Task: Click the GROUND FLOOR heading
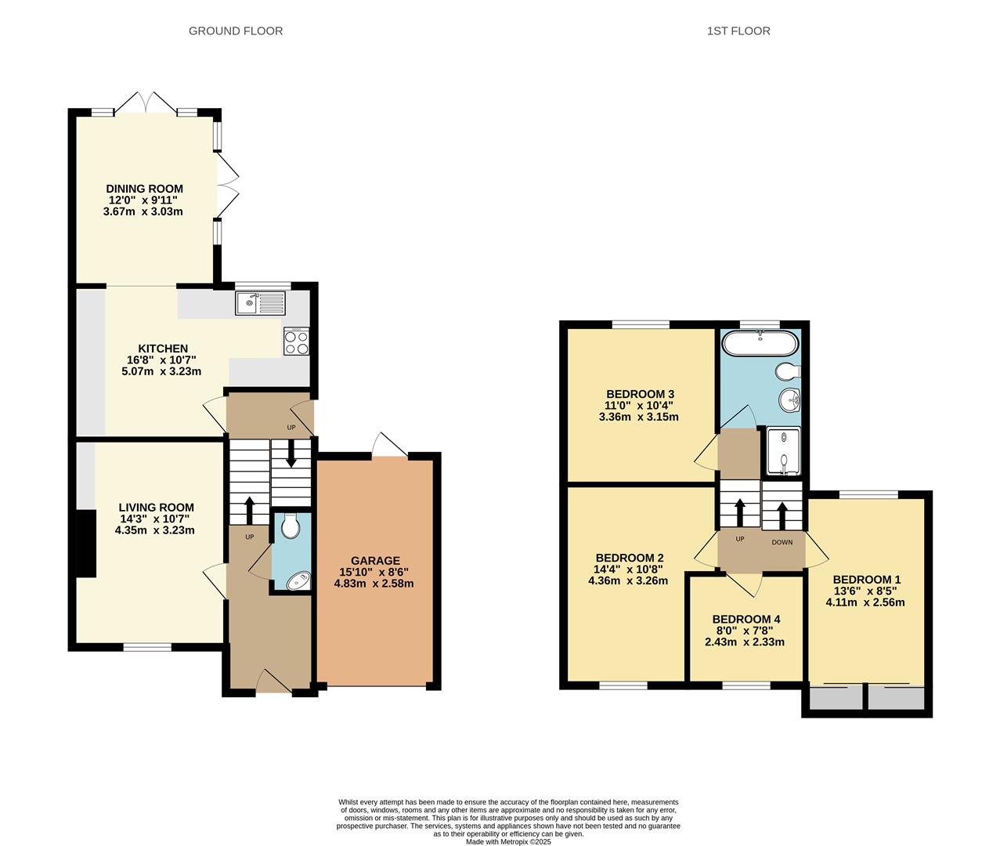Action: pos(236,31)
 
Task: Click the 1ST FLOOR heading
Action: pos(738,31)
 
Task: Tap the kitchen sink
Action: pos(261,302)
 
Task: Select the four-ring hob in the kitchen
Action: pos(296,342)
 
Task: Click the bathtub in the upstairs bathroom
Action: pos(760,343)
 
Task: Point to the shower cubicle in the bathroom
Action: pos(782,451)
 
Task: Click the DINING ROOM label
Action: pos(144,189)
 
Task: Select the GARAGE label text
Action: pos(375,561)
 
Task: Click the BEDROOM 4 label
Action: pos(745,619)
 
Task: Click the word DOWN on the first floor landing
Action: pos(782,542)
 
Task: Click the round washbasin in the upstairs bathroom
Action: pos(790,400)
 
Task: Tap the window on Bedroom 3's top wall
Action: pos(641,324)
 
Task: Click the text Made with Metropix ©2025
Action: pos(508,842)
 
